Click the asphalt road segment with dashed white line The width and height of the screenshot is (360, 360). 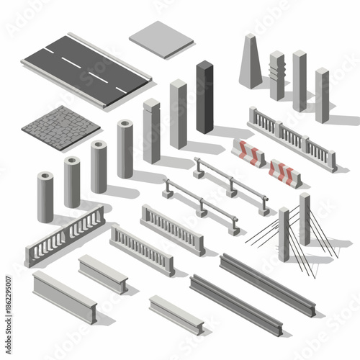click(x=86, y=68)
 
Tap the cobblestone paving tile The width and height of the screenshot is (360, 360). click(x=61, y=124)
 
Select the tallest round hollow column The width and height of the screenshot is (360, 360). click(x=125, y=148)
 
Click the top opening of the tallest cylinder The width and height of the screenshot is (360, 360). click(x=125, y=124)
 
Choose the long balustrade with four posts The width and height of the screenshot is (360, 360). click(x=292, y=138)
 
